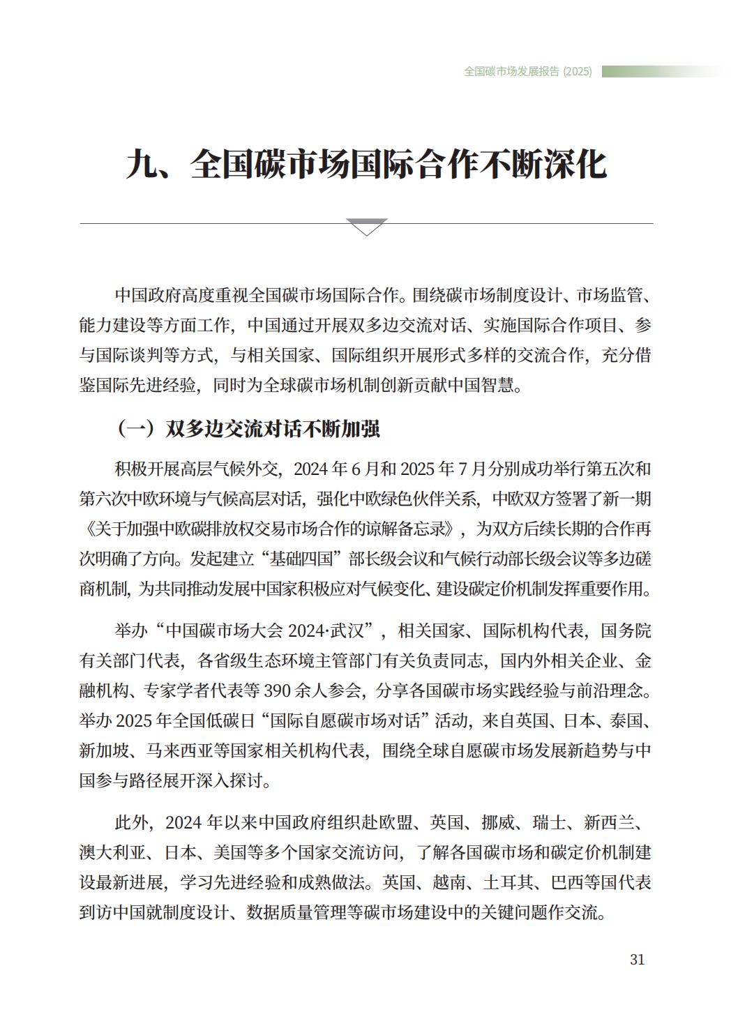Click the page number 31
(x=637, y=960)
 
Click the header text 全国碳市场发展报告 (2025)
(x=527, y=71)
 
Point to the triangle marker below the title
(x=366, y=227)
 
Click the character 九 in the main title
(x=145, y=165)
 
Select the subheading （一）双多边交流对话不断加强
(x=248, y=428)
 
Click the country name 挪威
(x=499, y=823)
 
